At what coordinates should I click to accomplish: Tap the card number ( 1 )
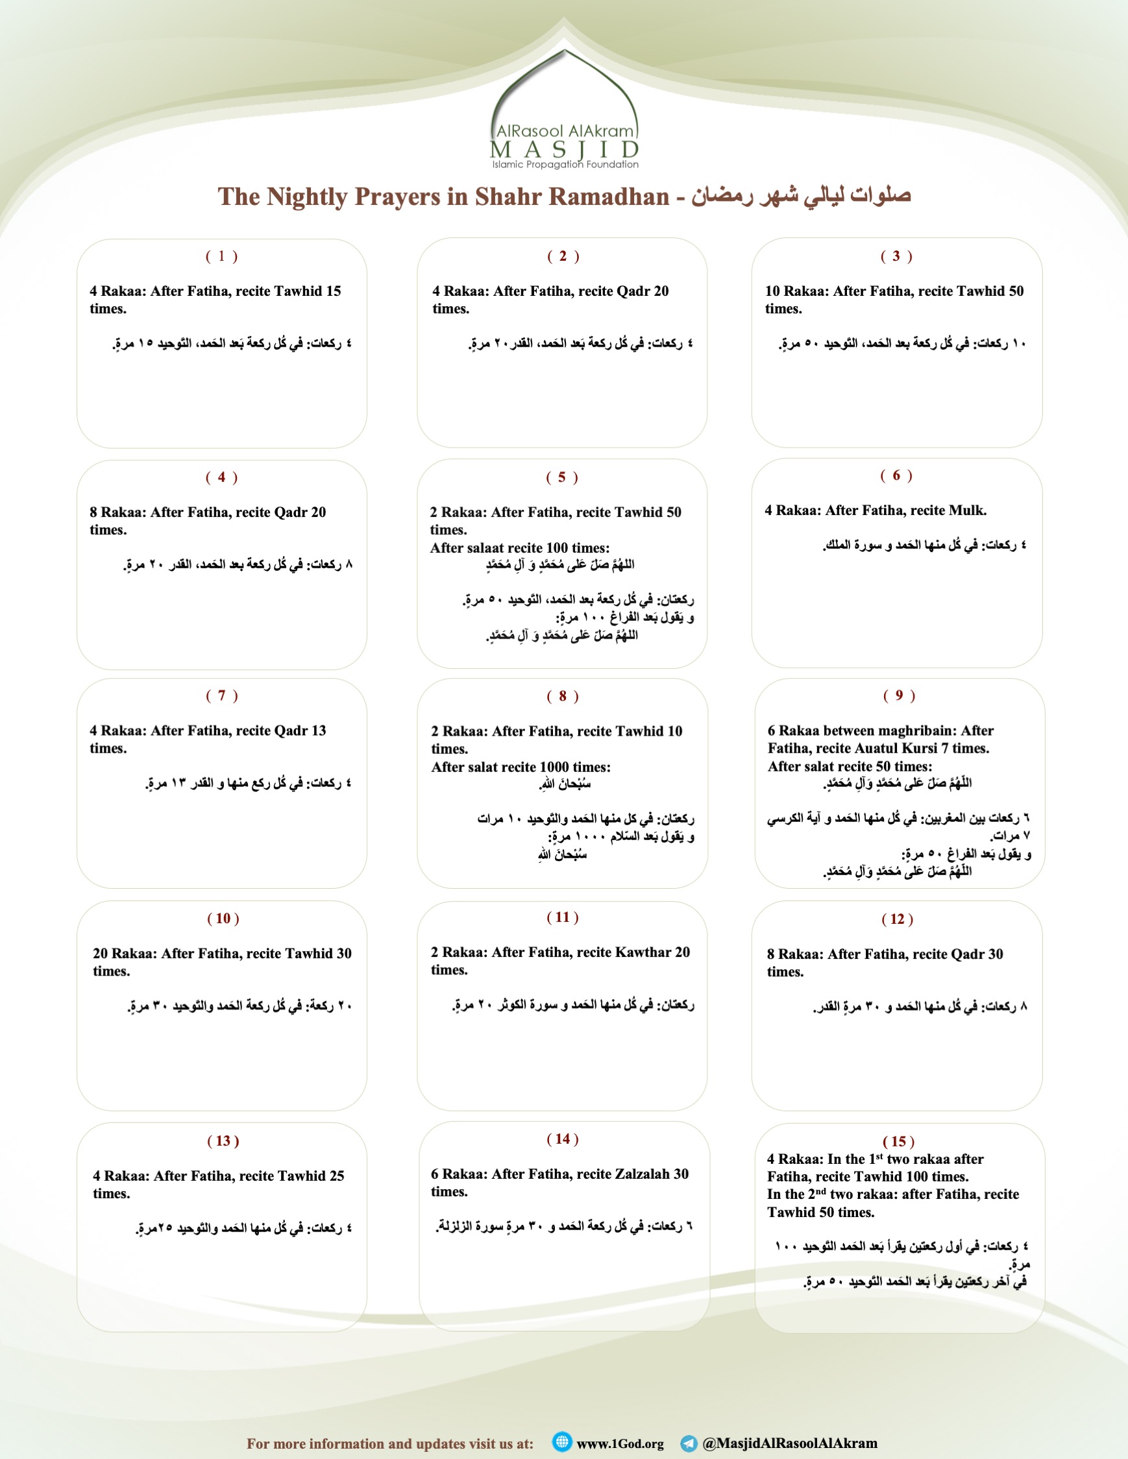click(221, 256)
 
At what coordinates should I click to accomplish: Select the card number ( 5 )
click(561, 477)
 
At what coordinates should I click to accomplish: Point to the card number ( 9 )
click(899, 695)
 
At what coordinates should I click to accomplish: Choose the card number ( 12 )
click(897, 919)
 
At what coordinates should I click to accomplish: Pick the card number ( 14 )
click(562, 1139)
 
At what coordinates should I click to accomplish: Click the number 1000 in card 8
click(537, 767)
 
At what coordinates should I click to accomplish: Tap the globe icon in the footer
click(562, 1441)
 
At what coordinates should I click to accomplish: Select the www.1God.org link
click(619, 1443)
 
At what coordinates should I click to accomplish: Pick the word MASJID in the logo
click(565, 150)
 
